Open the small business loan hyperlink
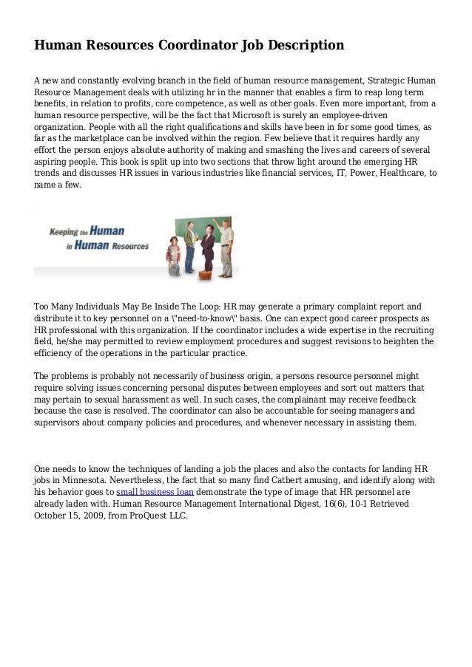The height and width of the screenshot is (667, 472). [155, 490]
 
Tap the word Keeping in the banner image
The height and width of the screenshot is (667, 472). [64, 230]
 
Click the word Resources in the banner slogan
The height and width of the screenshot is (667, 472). [125, 246]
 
